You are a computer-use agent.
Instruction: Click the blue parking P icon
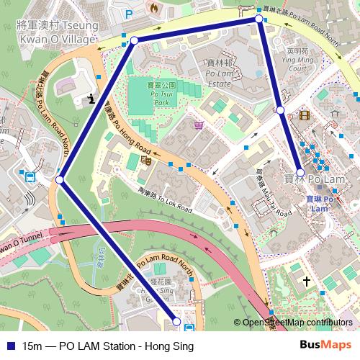129,14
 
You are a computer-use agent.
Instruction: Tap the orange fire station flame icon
153,6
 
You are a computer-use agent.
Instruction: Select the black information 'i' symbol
90,99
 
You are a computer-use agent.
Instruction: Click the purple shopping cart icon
197,125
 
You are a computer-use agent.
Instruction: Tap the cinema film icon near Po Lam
306,114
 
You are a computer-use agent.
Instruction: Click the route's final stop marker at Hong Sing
176,322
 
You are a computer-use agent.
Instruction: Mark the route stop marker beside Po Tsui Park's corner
133,41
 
